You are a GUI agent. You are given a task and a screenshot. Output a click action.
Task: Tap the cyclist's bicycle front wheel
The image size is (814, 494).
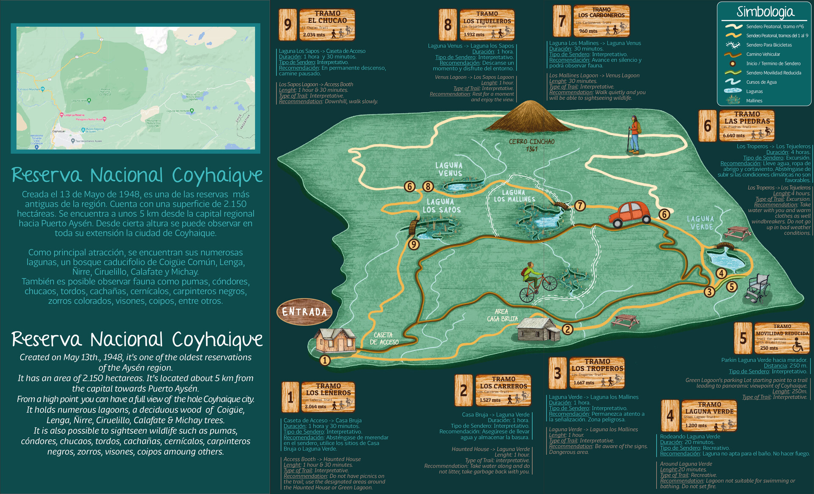point(549,283)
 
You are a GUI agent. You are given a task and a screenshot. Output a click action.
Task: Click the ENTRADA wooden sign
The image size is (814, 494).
point(304,312)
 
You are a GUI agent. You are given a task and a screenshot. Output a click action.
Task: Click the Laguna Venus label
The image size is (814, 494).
point(449,169)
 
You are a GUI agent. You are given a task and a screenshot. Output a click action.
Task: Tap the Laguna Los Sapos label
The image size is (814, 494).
point(441,206)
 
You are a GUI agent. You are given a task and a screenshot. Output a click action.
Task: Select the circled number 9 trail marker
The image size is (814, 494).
point(413,244)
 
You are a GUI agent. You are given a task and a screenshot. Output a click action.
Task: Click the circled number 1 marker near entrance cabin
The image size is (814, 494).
point(325,360)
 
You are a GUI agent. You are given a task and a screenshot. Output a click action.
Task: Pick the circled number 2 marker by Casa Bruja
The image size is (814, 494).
point(567,329)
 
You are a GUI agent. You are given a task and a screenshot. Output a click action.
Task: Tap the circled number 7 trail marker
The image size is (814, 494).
point(580,206)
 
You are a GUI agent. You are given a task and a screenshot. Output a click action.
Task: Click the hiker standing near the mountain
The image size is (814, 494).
point(634,134)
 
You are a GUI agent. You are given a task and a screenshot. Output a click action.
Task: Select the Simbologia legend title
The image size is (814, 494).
point(765,11)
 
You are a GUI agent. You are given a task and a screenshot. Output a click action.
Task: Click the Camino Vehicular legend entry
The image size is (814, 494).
point(763,54)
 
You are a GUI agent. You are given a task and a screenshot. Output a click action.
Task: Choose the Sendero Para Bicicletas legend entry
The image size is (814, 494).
point(769,45)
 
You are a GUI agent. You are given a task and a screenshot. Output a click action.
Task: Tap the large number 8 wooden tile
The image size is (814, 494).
point(448,25)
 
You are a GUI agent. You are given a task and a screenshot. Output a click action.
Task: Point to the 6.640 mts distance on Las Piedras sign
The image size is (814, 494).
point(734,136)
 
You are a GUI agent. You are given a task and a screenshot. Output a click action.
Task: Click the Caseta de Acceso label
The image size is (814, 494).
point(384,339)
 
